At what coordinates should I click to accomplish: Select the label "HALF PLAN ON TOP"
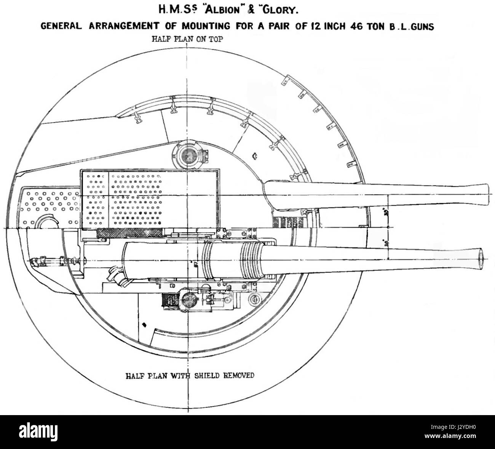(187, 39)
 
